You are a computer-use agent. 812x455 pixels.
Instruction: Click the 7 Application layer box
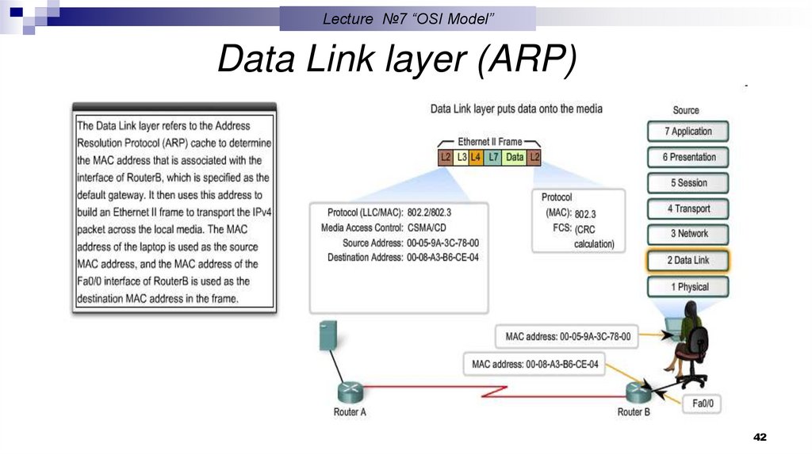(x=688, y=132)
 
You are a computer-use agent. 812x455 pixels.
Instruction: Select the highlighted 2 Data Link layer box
(x=688, y=260)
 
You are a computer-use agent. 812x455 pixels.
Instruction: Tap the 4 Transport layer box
(x=688, y=208)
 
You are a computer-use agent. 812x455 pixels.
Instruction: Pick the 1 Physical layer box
(x=688, y=287)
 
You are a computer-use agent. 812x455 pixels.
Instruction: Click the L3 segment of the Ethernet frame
(x=461, y=157)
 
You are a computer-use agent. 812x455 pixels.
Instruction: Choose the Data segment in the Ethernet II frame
(x=515, y=157)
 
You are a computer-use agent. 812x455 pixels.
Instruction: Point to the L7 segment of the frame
(x=493, y=157)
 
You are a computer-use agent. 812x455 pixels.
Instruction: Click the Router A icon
(x=350, y=391)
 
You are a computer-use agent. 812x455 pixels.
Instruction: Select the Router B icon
(x=634, y=391)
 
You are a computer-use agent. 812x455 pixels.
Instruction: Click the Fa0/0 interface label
(x=703, y=403)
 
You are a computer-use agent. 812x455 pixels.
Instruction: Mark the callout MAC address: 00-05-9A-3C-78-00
(x=568, y=337)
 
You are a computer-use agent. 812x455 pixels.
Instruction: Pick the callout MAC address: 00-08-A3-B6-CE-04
(x=534, y=365)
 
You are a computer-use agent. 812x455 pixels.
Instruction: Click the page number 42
(x=760, y=438)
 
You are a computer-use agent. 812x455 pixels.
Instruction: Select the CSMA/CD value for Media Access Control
(x=427, y=228)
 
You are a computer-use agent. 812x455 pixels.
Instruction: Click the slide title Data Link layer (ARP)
(x=396, y=60)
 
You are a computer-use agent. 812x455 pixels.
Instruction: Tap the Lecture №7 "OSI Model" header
(x=408, y=18)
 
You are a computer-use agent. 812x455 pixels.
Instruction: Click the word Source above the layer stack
(x=686, y=110)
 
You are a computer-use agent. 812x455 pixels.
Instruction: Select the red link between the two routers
(x=492, y=391)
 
